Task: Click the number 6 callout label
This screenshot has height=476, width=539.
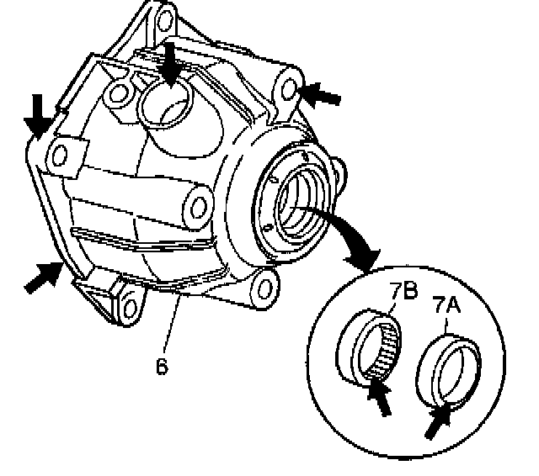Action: pyautogui.click(x=162, y=367)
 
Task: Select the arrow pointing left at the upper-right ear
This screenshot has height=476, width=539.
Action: pyautogui.click(x=321, y=95)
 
